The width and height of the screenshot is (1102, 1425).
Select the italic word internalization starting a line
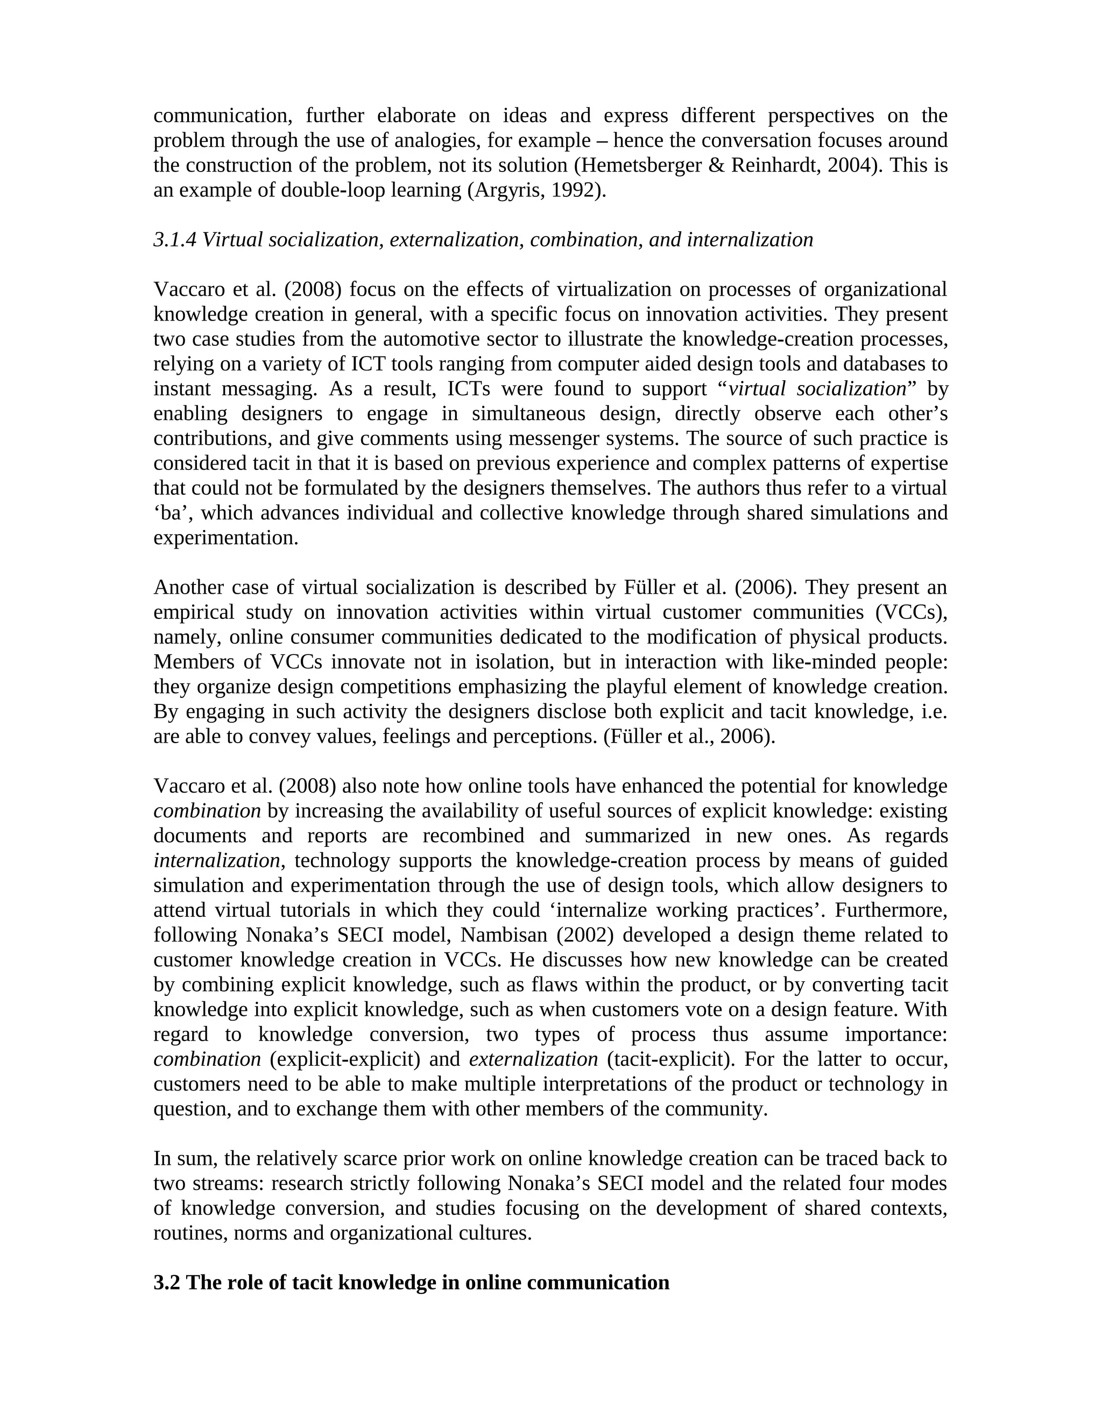tap(217, 860)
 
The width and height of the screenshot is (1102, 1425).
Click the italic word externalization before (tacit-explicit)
tap(533, 1059)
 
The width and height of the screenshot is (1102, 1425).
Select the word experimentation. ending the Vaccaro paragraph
tap(226, 538)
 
